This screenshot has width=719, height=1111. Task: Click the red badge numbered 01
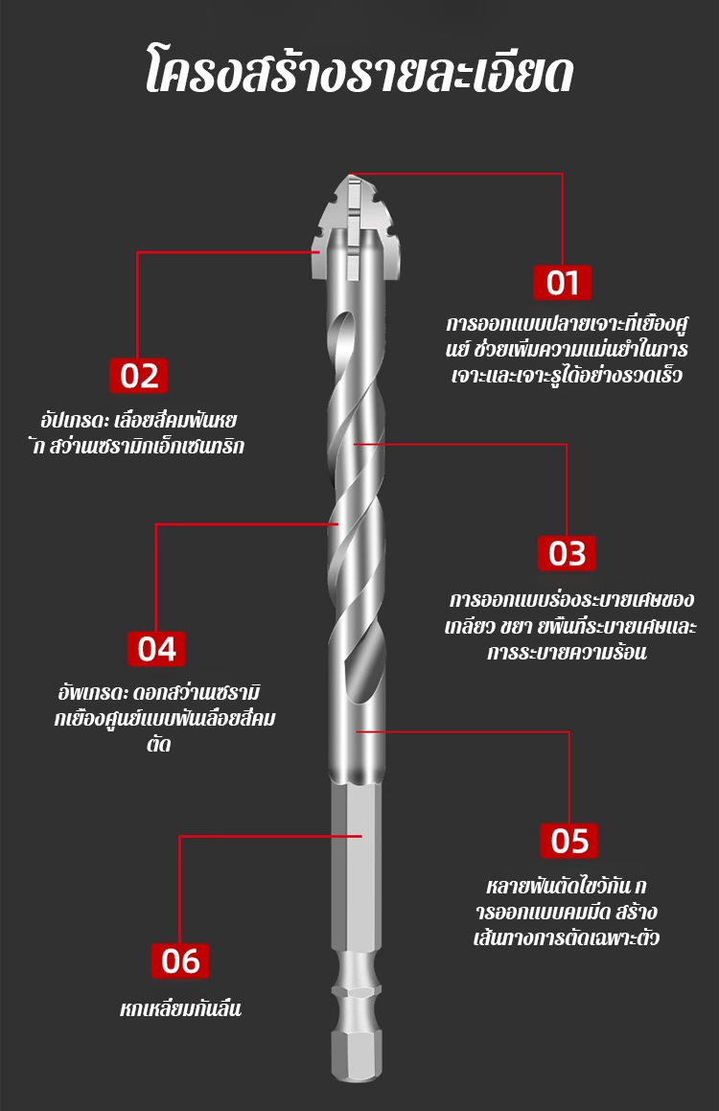coord(563,282)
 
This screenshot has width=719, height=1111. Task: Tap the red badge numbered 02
coord(139,376)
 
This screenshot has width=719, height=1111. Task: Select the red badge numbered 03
coord(567,553)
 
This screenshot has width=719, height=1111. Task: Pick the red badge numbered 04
coord(156,648)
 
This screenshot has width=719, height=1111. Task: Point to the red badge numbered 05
coord(569,841)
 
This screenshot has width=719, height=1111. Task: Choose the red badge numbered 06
coord(180,961)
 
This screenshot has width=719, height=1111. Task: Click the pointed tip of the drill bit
coord(352,175)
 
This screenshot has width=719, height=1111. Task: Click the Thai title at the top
coord(359,72)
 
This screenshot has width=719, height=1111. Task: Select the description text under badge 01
coord(567,349)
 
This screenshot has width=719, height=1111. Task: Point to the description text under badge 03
coord(570,626)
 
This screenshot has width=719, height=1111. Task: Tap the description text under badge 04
coord(164,719)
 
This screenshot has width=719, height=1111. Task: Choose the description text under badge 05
coord(566,913)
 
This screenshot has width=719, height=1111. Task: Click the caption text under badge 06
coord(180,1008)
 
